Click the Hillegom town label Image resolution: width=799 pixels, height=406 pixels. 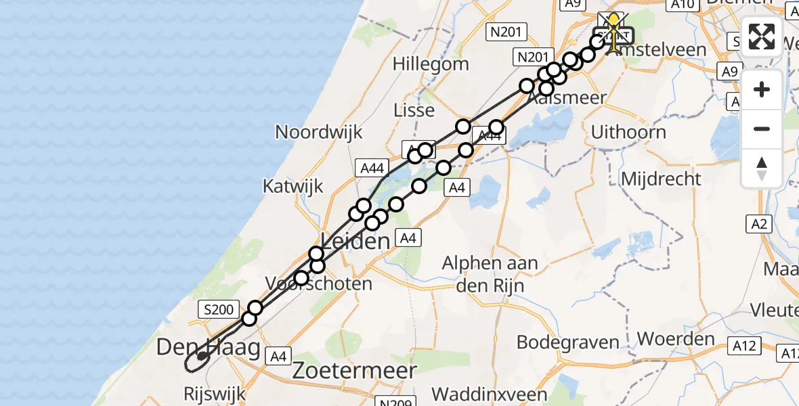431,64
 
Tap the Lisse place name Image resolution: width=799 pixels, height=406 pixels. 413,109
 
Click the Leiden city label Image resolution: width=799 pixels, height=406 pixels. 355,241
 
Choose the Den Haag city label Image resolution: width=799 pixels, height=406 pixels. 208,348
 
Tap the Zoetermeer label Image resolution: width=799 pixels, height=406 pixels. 354,370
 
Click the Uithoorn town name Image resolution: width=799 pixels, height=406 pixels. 628,132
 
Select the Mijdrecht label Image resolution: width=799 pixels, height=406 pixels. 662,179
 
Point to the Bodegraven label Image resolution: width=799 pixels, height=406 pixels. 567,342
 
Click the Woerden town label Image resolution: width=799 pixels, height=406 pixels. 667,338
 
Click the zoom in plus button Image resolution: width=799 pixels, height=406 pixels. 762,89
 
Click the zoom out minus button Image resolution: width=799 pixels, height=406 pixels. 762,129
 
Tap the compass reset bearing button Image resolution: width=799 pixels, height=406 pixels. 762,168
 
